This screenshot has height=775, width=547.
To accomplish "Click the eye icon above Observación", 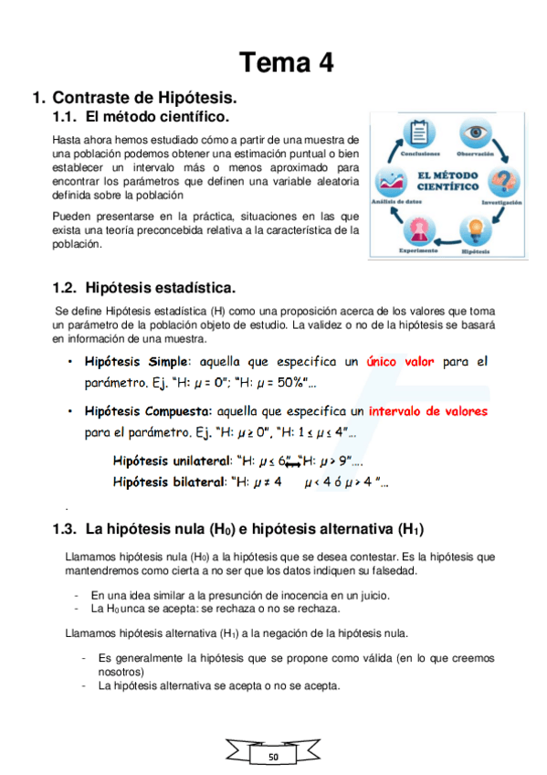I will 475,134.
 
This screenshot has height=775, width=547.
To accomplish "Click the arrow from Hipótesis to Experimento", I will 447,245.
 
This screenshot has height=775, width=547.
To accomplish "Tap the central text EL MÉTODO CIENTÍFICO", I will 447,179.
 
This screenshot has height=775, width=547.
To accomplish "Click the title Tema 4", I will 286,62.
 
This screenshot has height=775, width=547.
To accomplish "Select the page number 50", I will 274,758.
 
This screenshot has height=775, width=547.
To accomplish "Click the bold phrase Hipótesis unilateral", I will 169,462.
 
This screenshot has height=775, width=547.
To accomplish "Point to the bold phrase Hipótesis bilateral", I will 166,481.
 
